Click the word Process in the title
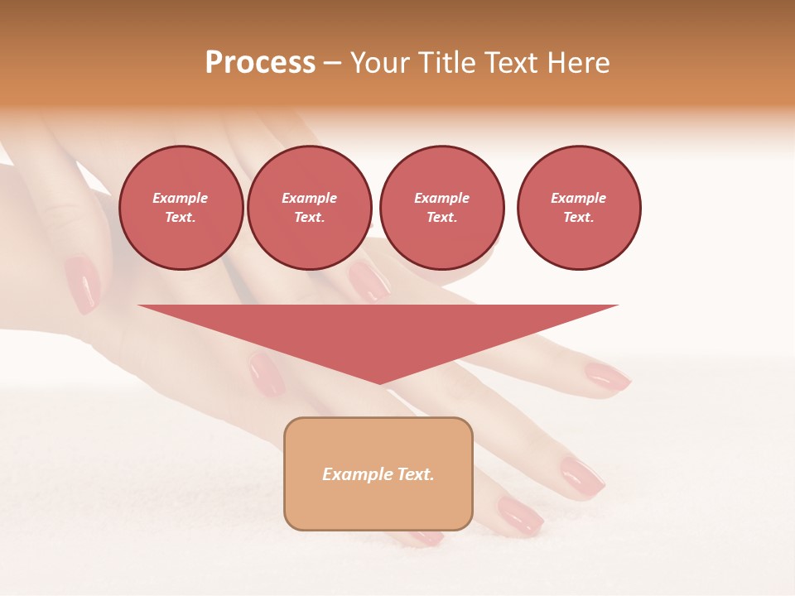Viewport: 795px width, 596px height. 260,63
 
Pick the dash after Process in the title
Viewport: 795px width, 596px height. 332,64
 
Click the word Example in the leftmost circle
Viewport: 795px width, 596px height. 181,198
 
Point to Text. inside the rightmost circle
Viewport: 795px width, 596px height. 578,217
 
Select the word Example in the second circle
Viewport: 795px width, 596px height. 309,198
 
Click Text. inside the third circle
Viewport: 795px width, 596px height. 441,217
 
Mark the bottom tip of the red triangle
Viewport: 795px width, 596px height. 379,383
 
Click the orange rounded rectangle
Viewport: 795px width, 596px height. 378,505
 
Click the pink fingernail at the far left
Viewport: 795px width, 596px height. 82,284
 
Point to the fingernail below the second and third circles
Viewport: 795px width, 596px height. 369,281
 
